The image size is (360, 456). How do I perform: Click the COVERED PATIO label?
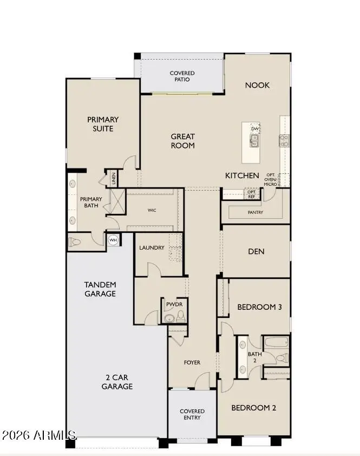click(x=182, y=76)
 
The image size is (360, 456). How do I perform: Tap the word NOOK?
click(x=257, y=85)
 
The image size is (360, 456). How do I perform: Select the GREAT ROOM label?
click(x=183, y=141)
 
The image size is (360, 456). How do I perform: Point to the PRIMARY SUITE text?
click(x=103, y=124)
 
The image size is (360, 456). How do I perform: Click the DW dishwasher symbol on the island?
click(x=254, y=129)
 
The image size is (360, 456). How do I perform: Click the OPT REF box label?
click(x=251, y=194)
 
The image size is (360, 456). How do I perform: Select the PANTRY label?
click(x=256, y=212)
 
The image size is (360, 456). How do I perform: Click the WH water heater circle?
click(x=113, y=240)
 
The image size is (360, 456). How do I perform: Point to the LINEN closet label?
click(x=114, y=179)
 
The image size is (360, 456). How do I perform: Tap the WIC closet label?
click(x=152, y=210)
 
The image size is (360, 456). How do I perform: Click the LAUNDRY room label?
click(x=152, y=247)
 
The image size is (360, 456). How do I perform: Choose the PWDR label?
click(x=174, y=304)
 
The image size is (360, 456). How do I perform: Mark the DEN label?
click(x=256, y=251)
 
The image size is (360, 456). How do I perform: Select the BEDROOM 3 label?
click(x=259, y=307)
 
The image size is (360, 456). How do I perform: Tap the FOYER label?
click(x=192, y=362)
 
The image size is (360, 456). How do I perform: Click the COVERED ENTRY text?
click(x=192, y=414)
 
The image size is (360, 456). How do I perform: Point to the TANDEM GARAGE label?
click(x=100, y=289)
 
